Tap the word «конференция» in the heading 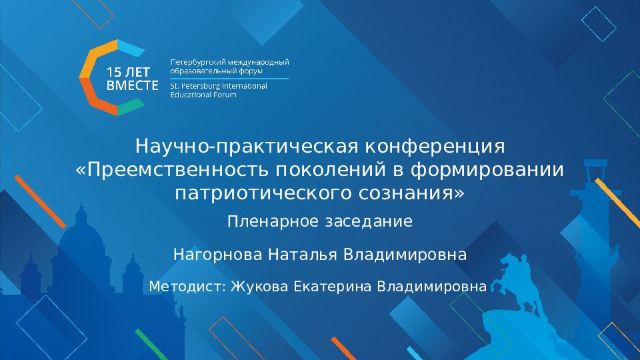tap(435, 147)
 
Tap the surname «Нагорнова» tap(217, 255)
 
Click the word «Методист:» tap(187, 287)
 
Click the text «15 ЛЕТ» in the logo tap(128, 72)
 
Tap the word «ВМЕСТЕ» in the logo tap(132, 85)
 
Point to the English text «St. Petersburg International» tap(219, 86)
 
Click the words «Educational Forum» tap(203, 95)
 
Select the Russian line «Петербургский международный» tap(230, 63)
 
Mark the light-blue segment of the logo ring tap(131, 49)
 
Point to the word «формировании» tap(487, 169)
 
